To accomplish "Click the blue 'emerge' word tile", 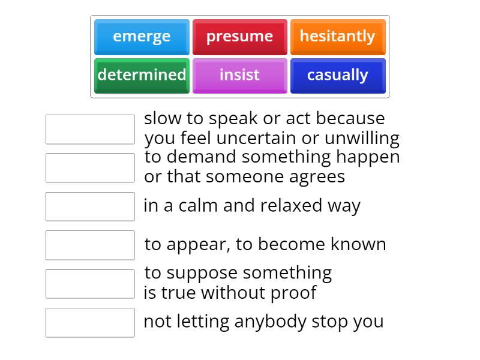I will click(142, 37).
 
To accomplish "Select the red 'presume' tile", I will click(239, 37).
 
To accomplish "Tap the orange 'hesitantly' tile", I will click(337, 37).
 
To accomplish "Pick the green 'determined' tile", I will click(142, 75).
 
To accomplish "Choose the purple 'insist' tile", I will click(239, 75).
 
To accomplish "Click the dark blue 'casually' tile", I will click(337, 75).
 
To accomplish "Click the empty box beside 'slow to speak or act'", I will click(90, 130).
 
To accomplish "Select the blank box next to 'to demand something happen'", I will click(90, 168).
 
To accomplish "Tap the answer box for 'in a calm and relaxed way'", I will click(90, 206).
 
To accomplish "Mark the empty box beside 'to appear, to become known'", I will click(90, 245).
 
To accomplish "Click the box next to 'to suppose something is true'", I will click(90, 284).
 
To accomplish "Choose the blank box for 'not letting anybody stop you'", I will click(90, 322).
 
